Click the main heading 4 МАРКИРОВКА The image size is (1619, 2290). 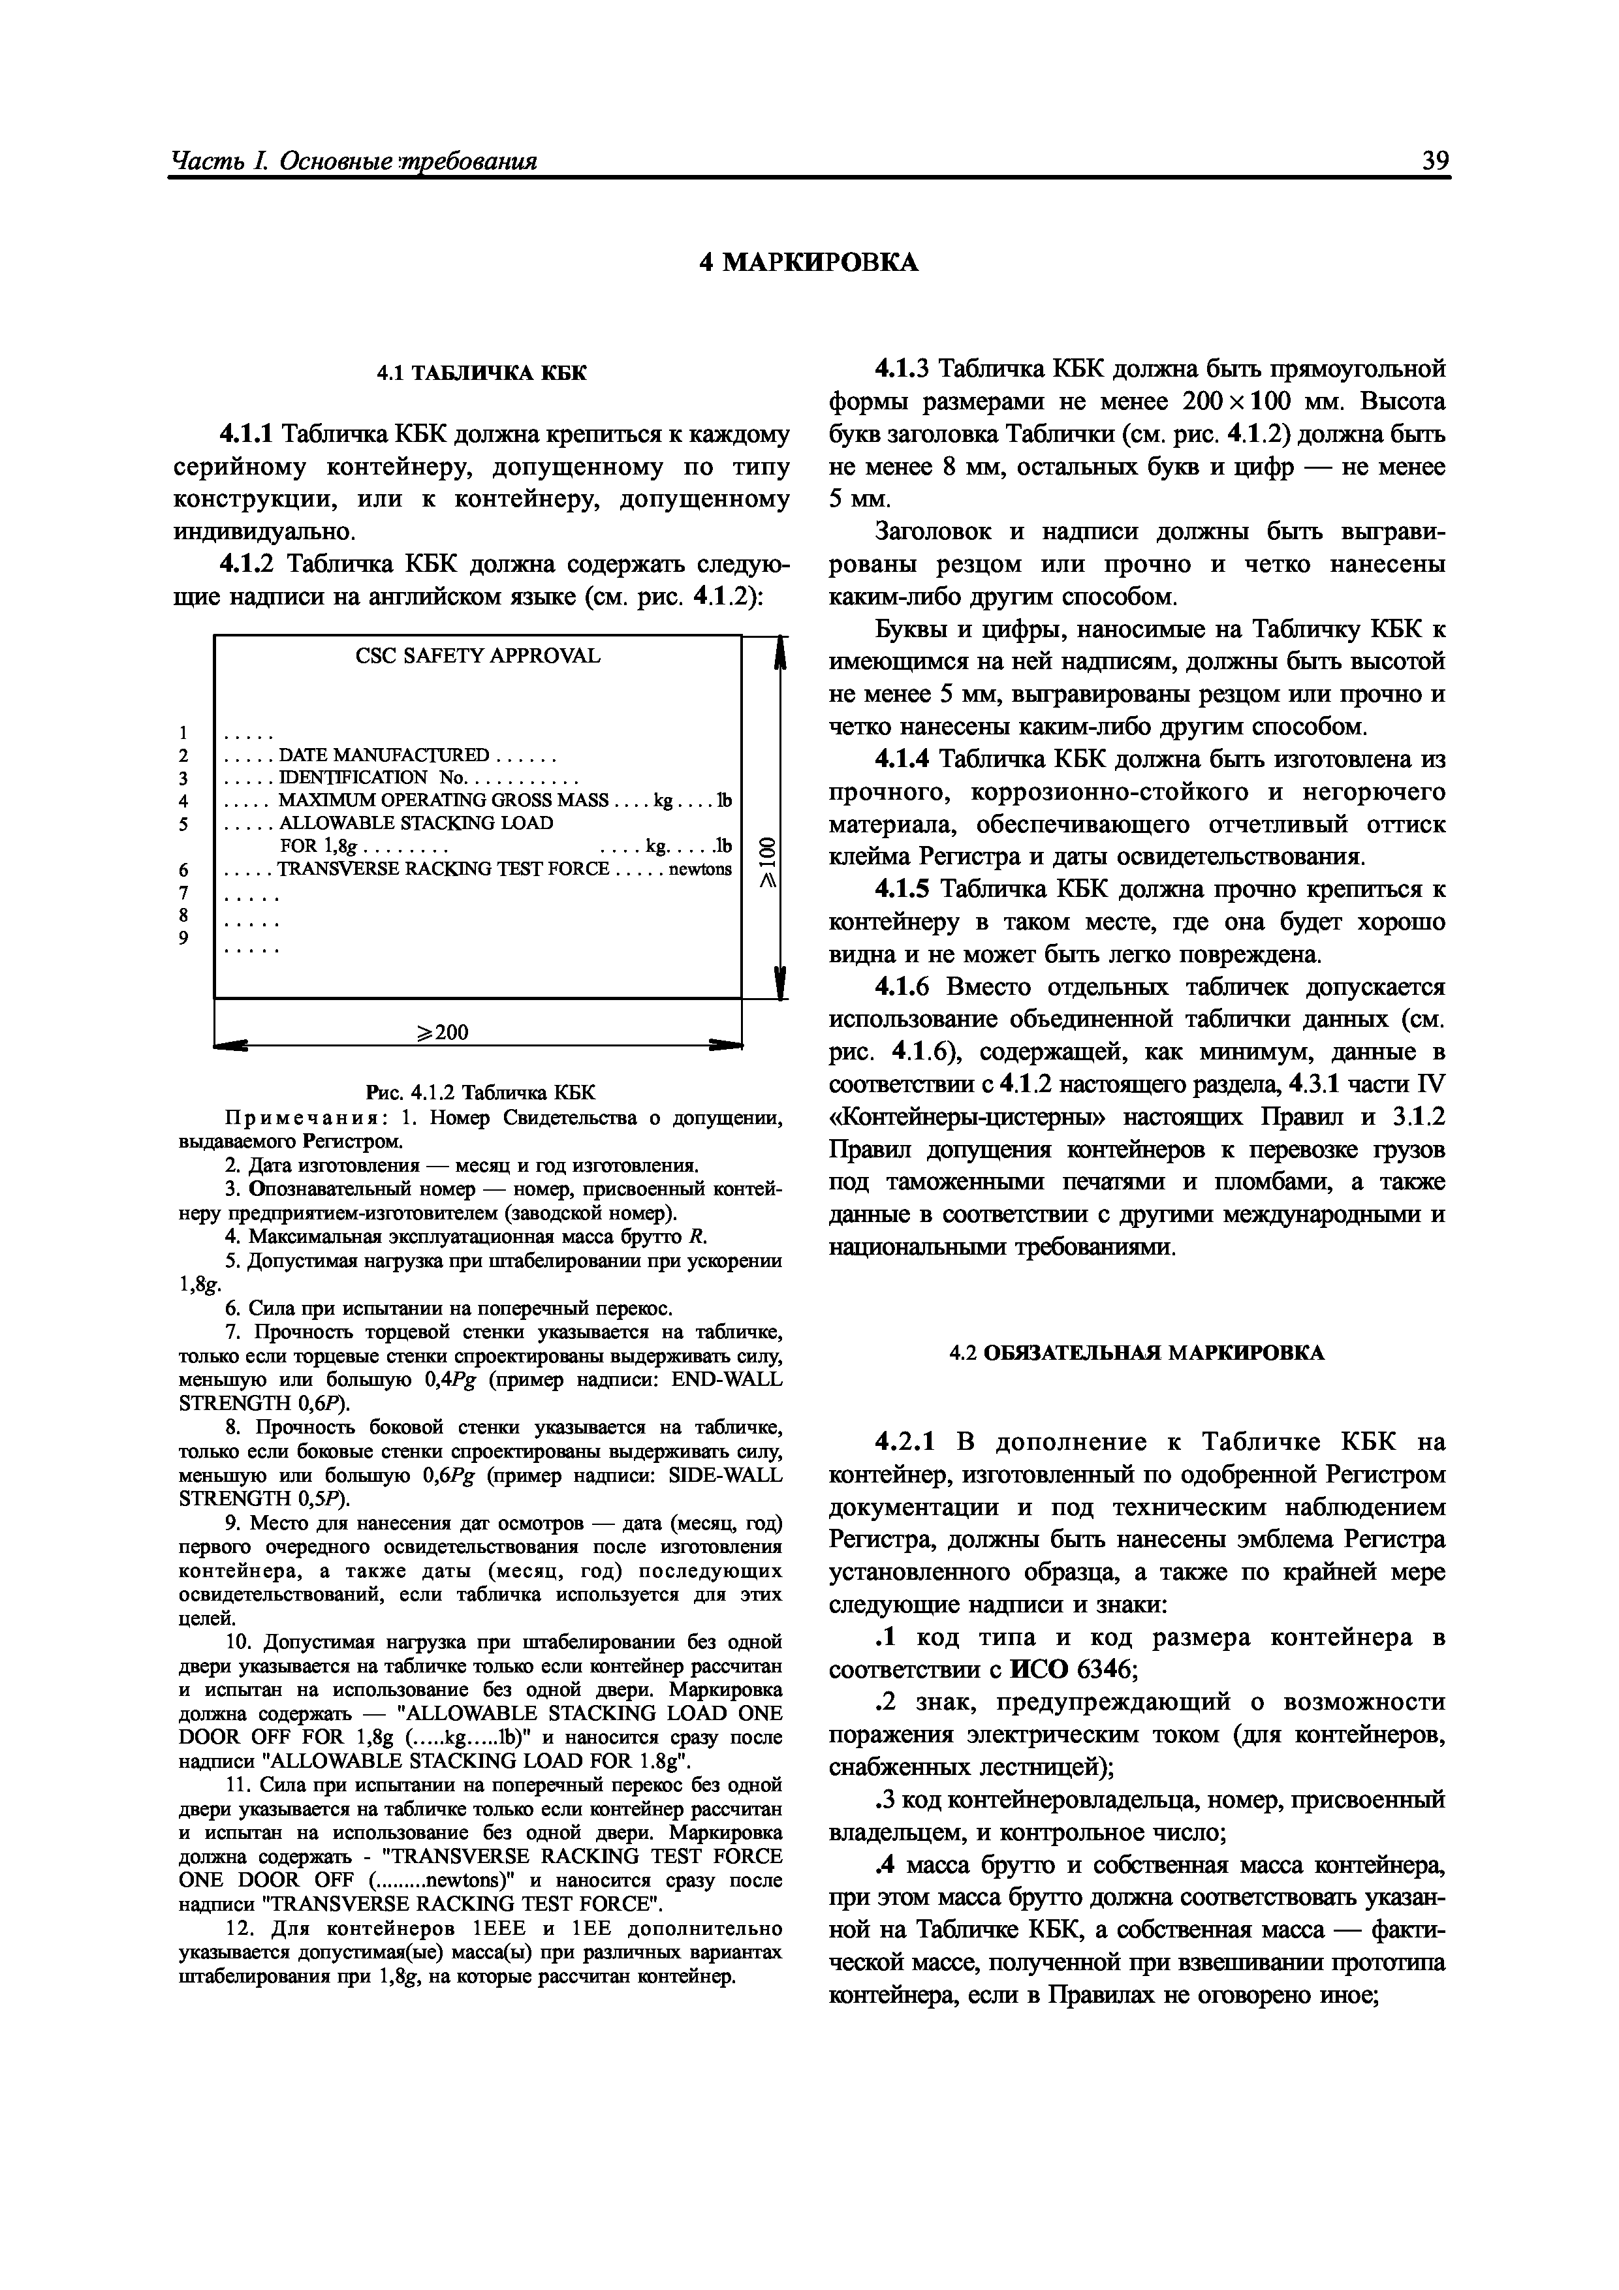(808, 262)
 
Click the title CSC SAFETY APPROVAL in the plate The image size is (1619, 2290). (478, 656)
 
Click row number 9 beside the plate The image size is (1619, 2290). (183, 937)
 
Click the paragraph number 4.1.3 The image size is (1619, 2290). (903, 369)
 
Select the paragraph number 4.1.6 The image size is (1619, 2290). (903, 988)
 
